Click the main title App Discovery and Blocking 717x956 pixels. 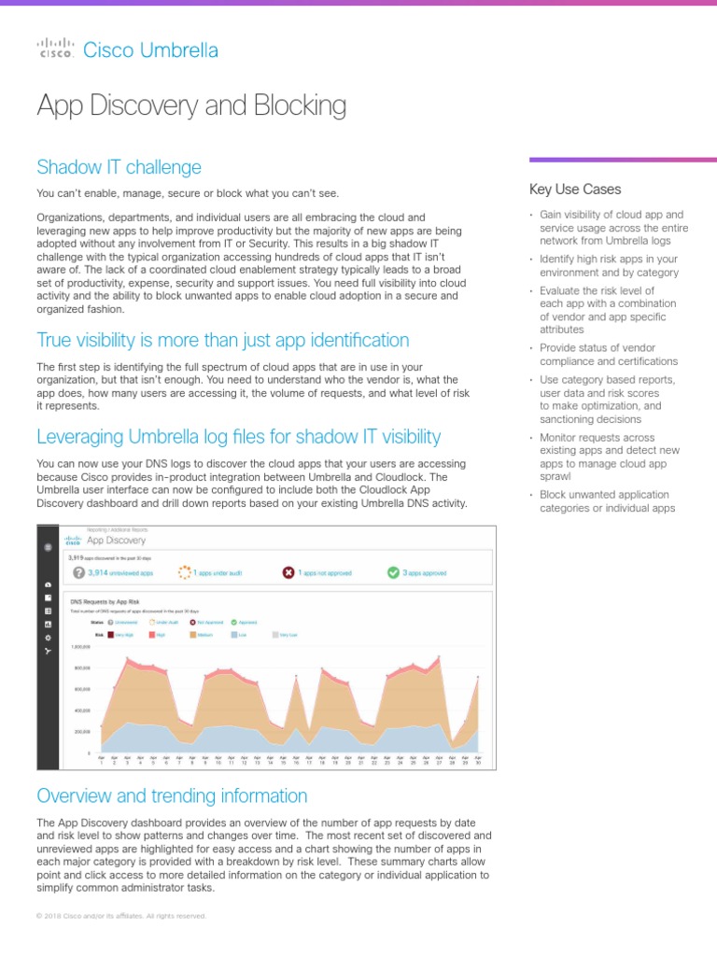[191, 105]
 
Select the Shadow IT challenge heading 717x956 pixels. [119, 167]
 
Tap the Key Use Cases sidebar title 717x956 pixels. [574, 190]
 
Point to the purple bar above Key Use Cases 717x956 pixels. [623, 160]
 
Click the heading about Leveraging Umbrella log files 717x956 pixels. [238, 436]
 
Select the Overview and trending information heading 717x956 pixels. [172, 795]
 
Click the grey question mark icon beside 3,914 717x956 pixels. [79, 571]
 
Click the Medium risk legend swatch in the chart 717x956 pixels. [194, 633]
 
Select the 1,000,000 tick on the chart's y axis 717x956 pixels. [81, 646]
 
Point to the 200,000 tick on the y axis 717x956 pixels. [81, 731]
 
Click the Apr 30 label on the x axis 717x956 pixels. [478, 760]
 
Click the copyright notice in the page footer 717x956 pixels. [121, 916]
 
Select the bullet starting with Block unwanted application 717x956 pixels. [607, 501]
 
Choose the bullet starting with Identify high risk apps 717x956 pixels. [609, 266]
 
